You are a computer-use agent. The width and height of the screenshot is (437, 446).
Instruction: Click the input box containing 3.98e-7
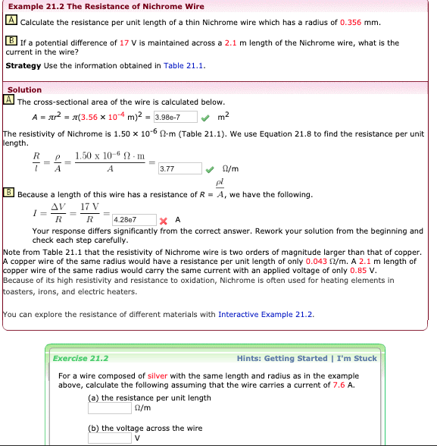click(175, 117)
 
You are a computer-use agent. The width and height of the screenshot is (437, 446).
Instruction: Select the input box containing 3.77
click(179, 168)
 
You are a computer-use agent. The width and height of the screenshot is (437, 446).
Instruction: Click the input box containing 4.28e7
click(133, 219)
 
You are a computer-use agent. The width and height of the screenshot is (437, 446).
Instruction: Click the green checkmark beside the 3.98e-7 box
click(205, 117)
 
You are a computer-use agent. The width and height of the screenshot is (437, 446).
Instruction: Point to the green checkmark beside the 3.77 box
click(210, 168)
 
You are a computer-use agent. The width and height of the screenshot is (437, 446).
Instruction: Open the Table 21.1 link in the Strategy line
click(185, 65)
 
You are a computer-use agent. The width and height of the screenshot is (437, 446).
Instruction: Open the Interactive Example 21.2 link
click(265, 314)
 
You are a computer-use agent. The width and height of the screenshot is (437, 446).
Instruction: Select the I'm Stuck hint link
click(356, 358)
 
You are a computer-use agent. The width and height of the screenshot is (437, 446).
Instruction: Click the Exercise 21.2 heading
click(80, 358)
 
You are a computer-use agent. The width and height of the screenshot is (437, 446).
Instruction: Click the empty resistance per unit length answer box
click(110, 408)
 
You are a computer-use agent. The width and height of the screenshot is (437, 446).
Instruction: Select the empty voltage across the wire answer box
click(110, 438)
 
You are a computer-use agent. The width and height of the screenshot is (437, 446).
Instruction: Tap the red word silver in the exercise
click(157, 375)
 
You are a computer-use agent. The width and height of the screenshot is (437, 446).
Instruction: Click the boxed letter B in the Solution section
click(9, 194)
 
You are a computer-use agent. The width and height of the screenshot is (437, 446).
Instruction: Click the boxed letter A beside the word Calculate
click(11, 21)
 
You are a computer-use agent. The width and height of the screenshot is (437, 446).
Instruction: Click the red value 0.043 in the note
click(312, 261)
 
